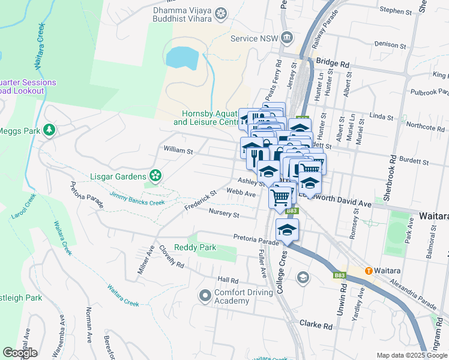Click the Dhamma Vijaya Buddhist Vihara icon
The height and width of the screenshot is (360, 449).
(221, 13)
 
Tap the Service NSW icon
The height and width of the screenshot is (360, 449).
(287, 38)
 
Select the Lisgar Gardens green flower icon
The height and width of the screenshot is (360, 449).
(156, 176)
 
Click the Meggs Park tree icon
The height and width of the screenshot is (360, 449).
(49, 130)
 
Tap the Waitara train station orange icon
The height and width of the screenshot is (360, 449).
(369, 271)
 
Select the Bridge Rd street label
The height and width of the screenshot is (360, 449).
(332, 62)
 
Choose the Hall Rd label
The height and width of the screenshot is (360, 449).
(228, 280)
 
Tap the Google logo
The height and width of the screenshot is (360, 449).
(20, 353)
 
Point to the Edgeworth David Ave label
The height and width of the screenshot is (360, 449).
(345, 204)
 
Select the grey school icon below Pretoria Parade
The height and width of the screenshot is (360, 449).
(303, 277)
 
